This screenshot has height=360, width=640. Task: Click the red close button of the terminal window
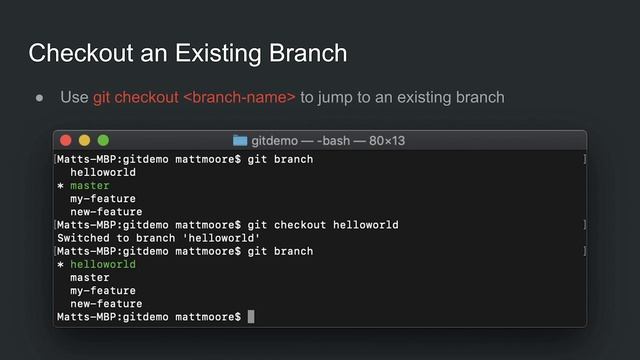pyautogui.click(x=66, y=141)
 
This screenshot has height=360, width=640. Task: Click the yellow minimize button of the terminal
pyautogui.click(x=84, y=141)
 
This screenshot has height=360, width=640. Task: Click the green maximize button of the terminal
pyautogui.click(x=102, y=141)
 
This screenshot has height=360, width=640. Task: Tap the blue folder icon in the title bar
pyautogui.click(x=240, y=141)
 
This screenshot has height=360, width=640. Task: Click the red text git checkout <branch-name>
pyautogui.click(x=194, y=97)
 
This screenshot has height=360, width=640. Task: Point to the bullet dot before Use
pyautogui.click(x=40, y=98)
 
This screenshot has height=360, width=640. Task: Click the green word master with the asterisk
pyautogui.click(x=90, y=186)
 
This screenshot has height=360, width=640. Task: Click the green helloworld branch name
pyautogui.click(x=103, y=265)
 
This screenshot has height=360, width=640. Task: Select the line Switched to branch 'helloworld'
pyautogui.click(x=158, y=238)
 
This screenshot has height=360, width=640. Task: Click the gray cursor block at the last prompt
pyautogui.click(x=251, y=317)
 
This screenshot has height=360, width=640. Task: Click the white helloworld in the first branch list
pyautogui.click(x=103, y=173)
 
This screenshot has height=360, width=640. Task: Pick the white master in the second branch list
pyautogui.click(x=90, y=278)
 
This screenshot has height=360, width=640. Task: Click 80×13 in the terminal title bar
pyautogui.click(x=384, y=141)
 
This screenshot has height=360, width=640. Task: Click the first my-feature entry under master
pyautogui.click(x=103, y=199)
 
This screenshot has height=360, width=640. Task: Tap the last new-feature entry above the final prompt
pyautogui.click(x=106, y=304)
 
